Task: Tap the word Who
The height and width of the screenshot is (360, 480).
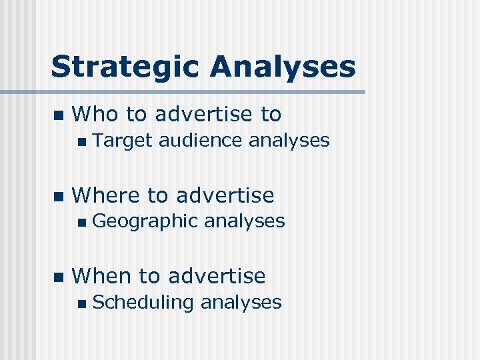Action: (x=95, y=115)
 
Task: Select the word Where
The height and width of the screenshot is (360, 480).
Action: (x=106, y=195)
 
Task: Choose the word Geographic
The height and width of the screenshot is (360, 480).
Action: (x=145, y=221)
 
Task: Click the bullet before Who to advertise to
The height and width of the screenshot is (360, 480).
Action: (x=57, y=115)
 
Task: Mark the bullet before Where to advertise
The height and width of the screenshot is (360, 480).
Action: (x=57, y=196)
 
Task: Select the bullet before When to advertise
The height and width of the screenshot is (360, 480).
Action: (x=57, y=276)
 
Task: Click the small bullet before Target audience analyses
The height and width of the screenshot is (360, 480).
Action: (x=81, y=141)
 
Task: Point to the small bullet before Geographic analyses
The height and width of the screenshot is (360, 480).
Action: (x=81, y=222)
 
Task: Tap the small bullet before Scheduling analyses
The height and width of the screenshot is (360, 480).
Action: (x=81, y=303)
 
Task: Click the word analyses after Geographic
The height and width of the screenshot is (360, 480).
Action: (x=244, y=221)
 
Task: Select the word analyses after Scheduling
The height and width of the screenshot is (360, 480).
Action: (x=241, y=302)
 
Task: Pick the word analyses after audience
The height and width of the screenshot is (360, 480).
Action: (x=289, y=141)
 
